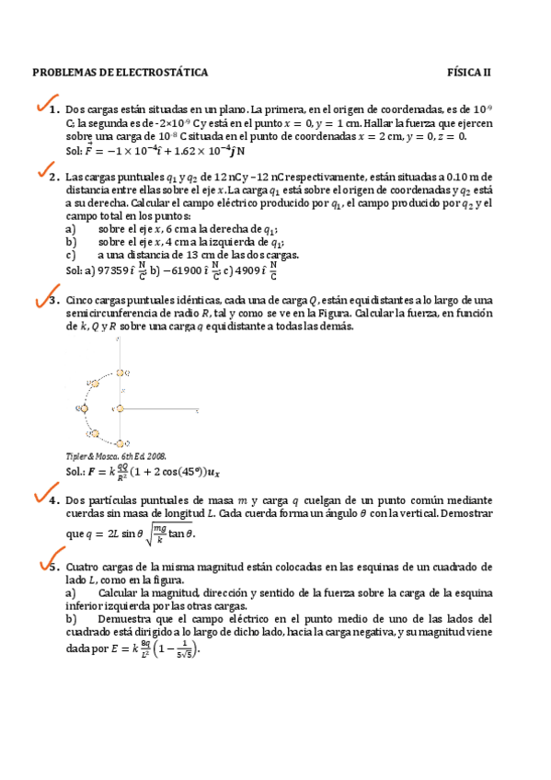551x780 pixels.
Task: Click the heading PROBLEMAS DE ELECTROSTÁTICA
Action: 121,72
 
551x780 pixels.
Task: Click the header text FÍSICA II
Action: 469,72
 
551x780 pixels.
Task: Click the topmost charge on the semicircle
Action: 121,373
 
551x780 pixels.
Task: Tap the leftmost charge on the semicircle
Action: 81,407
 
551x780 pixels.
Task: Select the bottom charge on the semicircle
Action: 121,443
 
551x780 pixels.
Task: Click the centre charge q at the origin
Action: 120,407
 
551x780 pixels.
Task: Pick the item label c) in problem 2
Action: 72,256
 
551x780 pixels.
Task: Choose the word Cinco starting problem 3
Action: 81,301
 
